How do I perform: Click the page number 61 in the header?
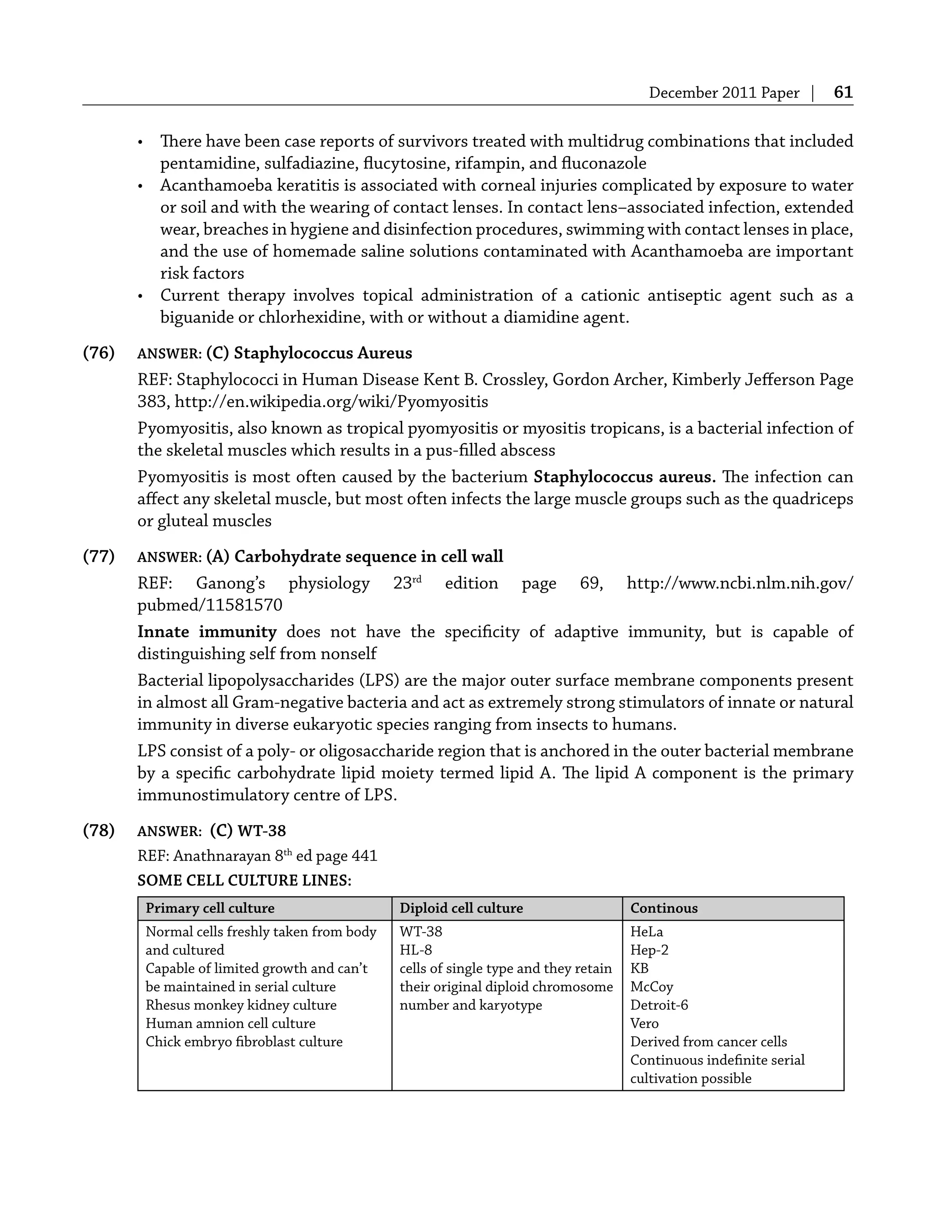tap(843, 92)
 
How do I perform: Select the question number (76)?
tap(99, 353)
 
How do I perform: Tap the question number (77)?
tap(99, 556)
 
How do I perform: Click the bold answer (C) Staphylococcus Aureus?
tap(309, 353)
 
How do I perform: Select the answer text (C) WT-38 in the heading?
tap(248, 831)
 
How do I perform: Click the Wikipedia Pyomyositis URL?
tap(331, 402)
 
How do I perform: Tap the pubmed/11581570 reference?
tap(210, 605)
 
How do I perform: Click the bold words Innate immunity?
tap(207, 631)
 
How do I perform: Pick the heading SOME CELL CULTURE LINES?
tap(245, 880)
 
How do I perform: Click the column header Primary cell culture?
tap(210, 908)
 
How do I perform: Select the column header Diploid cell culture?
tap(461, 908)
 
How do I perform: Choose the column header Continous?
tap(664, 908)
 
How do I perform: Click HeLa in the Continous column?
tap(647, 932)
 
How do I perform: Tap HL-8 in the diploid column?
tap(415, 950)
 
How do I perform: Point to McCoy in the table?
tap(652, 986)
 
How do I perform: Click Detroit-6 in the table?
tap(659, 1005)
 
